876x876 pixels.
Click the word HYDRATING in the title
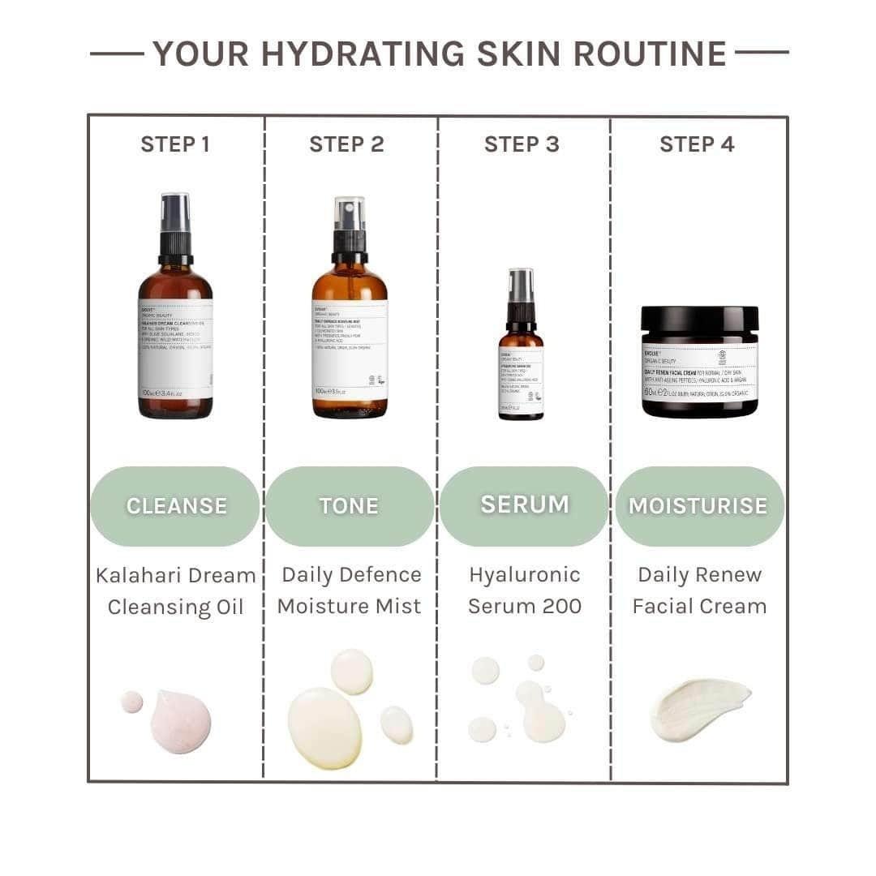pyautogui.click(x=364, y=54)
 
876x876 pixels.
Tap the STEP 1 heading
pyautogui.click(x=175, y=144)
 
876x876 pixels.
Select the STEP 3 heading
pyautogui.click(x=522, y=144)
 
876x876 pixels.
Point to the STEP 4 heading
pyautogui.click(x=697, y=144)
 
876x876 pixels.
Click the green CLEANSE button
pyautogui.click(x=175, y=506)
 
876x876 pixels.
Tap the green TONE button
pyautogui.click(x=350, y=506)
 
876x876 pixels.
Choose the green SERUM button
pyautogui.click(x=524, y=505)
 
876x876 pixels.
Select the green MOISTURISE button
pyautogui.click(x=698, y=506)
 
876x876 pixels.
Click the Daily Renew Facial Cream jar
pyautogui.click(x=699, y=369)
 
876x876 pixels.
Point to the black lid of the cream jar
pyautogui.click(x=699, y=318)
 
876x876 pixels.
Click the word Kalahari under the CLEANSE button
pyautogui.click(x=143, y=576)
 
